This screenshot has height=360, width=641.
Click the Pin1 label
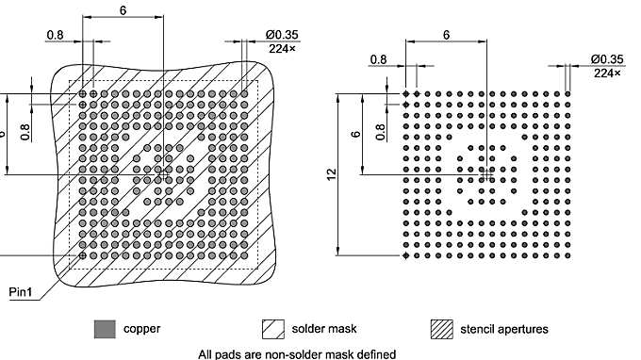coord(22,292)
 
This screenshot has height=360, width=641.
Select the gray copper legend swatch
coord(105,329)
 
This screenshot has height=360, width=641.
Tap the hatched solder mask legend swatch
coord(273,329)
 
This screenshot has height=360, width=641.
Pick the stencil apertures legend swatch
coord(440,329)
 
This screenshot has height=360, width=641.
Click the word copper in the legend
coord(141,329)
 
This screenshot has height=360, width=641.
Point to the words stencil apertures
coord(504,329)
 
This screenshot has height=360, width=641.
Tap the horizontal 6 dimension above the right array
coord(445,33)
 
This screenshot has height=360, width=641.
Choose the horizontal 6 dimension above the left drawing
coord(123,9)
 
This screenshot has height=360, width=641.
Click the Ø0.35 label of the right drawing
coord(609,58)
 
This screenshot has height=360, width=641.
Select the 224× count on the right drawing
coord(608,73)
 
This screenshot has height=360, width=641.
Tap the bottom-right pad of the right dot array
coord(568,255)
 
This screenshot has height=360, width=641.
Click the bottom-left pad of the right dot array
coord(406,255)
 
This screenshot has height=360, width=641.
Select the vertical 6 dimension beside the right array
coord(355,134)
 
